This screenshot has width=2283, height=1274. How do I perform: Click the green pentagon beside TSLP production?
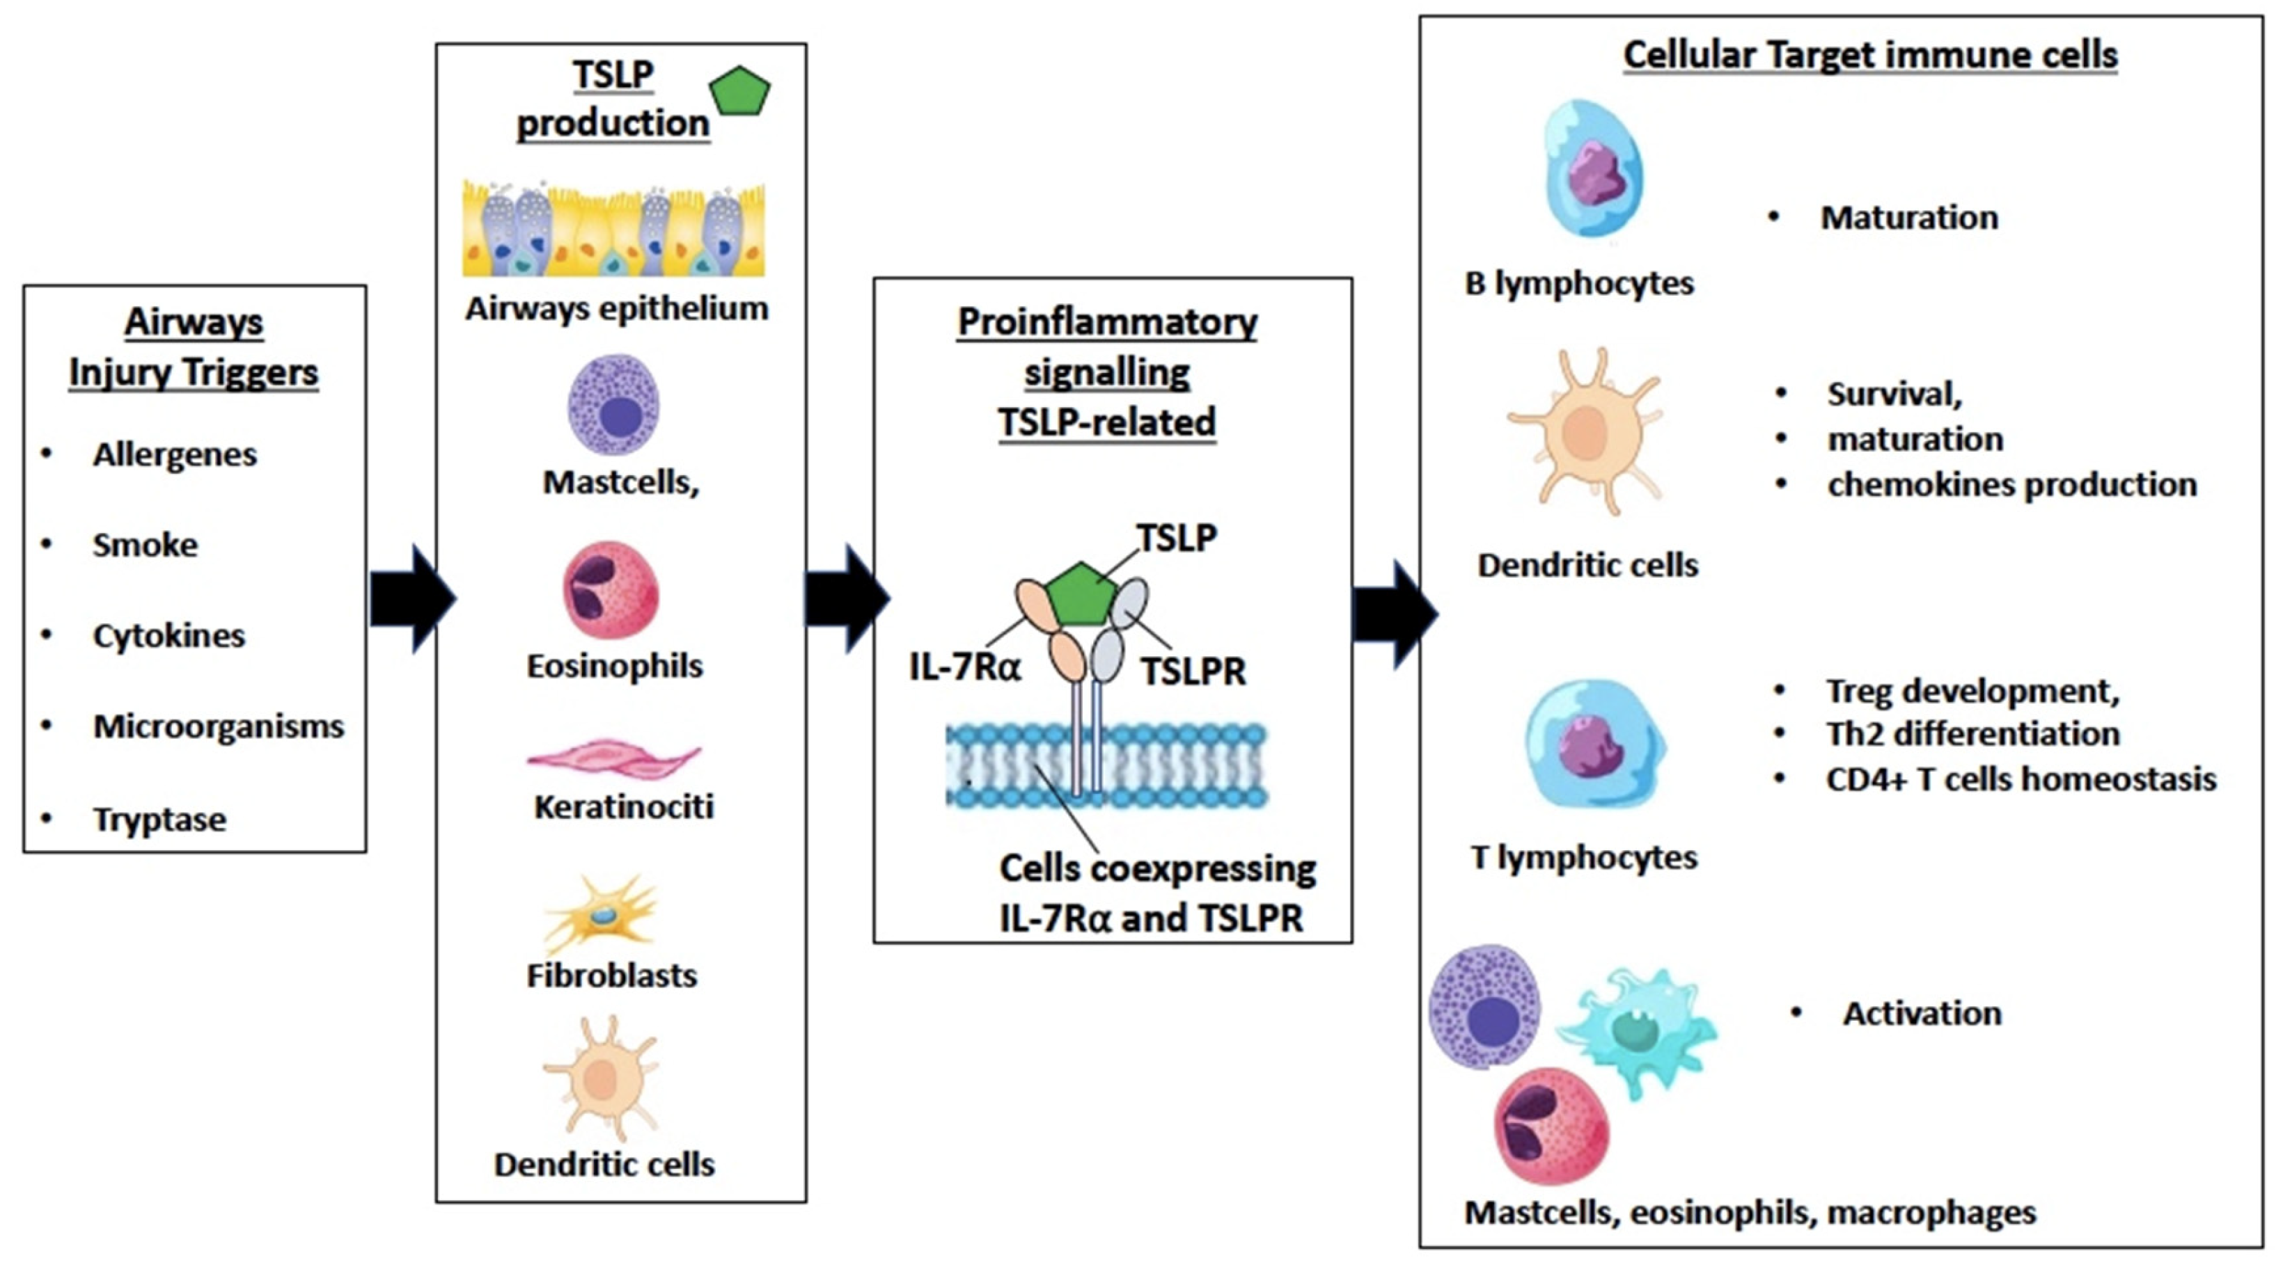point(739,91)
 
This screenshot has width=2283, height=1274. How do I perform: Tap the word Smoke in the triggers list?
point(146,545)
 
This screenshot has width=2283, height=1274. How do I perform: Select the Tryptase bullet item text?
point(159,820)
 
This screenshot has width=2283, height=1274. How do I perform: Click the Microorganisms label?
point(219,726)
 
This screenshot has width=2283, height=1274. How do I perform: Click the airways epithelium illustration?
point(613,230)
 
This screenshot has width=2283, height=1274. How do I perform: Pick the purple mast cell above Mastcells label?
point(614,406)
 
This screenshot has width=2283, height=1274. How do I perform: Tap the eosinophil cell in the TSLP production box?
point(611,591)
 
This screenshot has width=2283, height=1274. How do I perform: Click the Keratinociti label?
point(624,807)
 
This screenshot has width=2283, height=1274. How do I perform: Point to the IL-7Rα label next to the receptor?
point(965,667)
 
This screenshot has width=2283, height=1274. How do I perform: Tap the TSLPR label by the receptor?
point(1193,671)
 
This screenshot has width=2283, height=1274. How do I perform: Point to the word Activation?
point(1922,1014)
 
